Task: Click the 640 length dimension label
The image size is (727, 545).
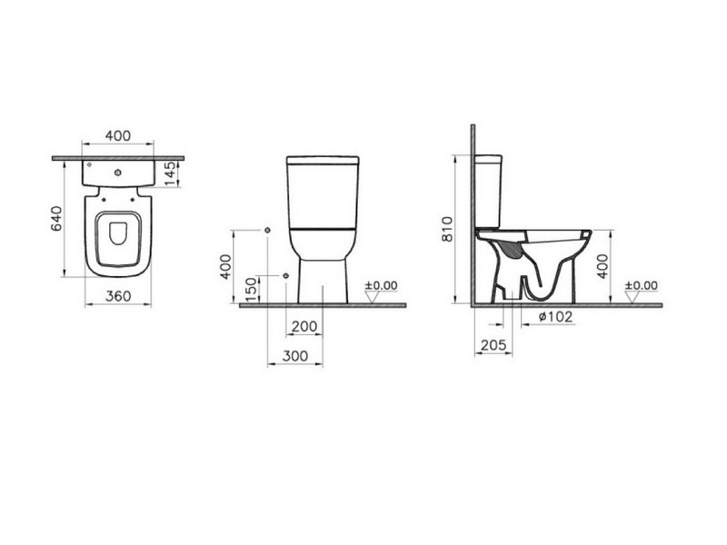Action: (56, 218)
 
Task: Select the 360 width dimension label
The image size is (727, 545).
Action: (118, 296)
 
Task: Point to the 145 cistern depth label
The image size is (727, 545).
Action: (170, 173)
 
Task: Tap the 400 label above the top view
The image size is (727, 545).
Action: (118, 135)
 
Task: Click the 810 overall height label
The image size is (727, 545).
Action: (447, 229)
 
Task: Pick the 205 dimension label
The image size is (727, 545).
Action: (493, 345)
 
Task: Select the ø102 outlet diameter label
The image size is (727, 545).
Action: (556, 317)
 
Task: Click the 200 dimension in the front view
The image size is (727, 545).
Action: (304, 327)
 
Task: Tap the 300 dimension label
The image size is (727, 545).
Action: (295, 356)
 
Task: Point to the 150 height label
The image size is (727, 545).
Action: (251, 289)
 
